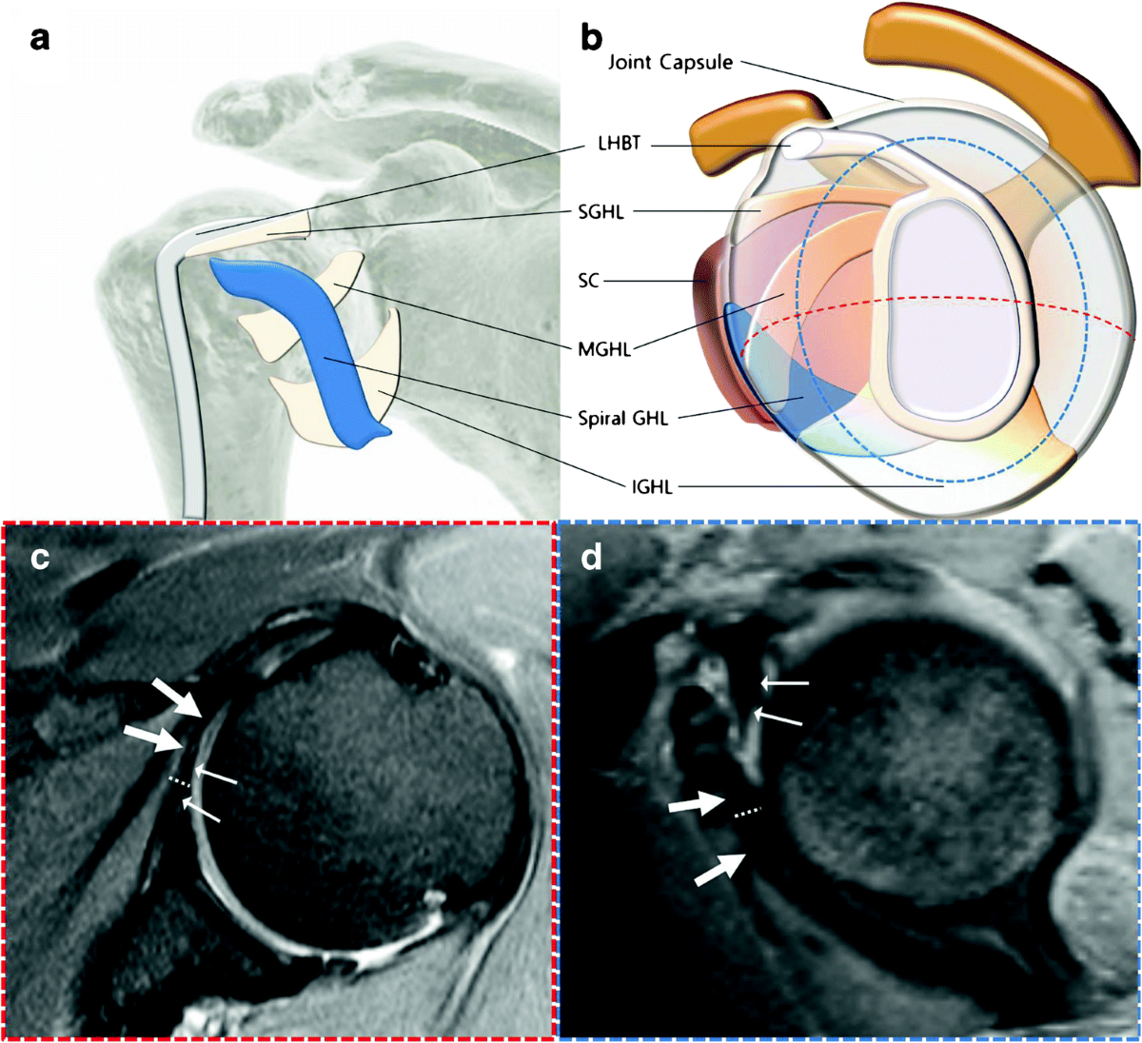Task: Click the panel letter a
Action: [x=39, y=39]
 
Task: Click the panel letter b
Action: [x=592, y=39]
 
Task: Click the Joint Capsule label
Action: [x=671, y=63]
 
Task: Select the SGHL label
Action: [x=601, y=212]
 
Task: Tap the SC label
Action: [x=589, y=281]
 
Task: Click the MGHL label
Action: [x=604, y=349]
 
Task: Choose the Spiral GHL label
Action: [x=623, y=417]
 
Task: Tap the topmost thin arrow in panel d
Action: [x=786, y=682]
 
